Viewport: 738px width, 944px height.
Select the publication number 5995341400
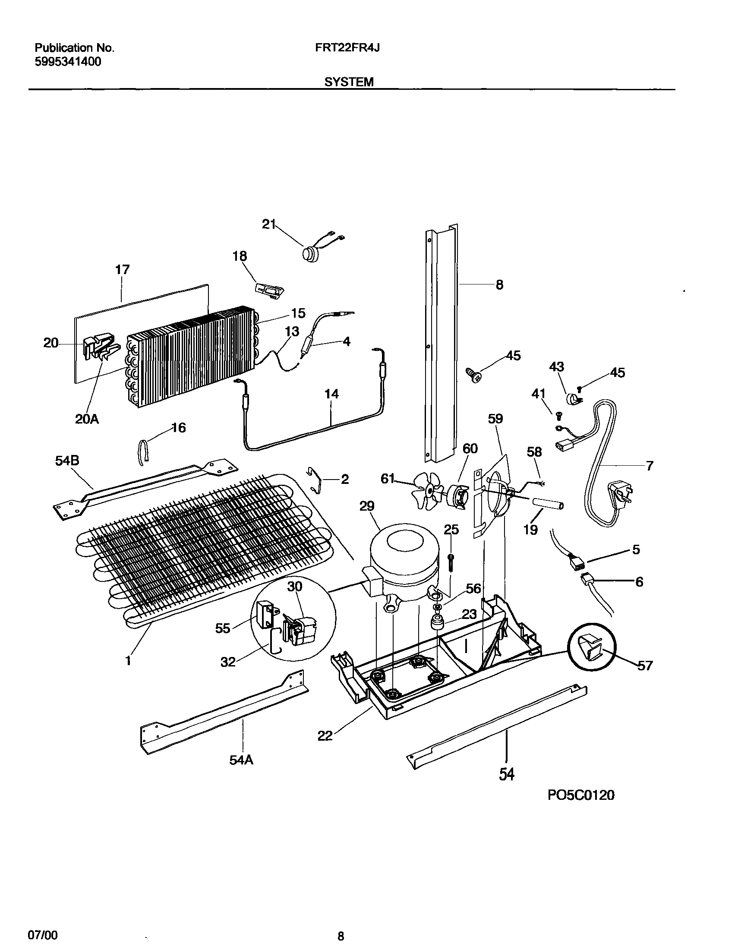tap(68, 62)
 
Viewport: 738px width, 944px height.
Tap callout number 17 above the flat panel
tap(122, 270)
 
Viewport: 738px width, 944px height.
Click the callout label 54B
tap(67, 461)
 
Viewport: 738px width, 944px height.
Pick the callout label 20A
tap(87, 419)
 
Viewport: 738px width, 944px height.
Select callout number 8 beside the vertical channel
tap(499, 285)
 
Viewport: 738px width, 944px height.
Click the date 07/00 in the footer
tap(42, 932)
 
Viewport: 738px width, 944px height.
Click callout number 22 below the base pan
tap(325, 736)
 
